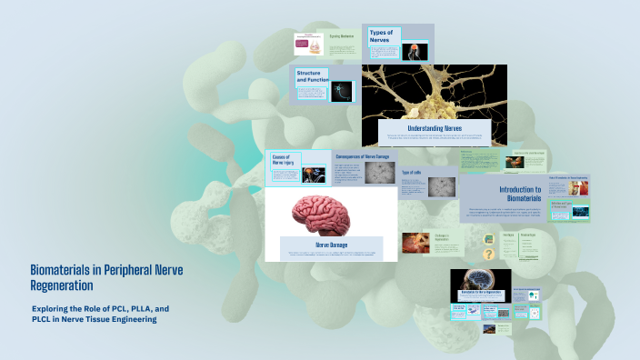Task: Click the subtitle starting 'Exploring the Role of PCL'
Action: pos(100,315)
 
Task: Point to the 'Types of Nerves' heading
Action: pos(381,36)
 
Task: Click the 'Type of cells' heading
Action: pos(412,171)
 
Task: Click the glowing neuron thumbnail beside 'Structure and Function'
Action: pos(341,89)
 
